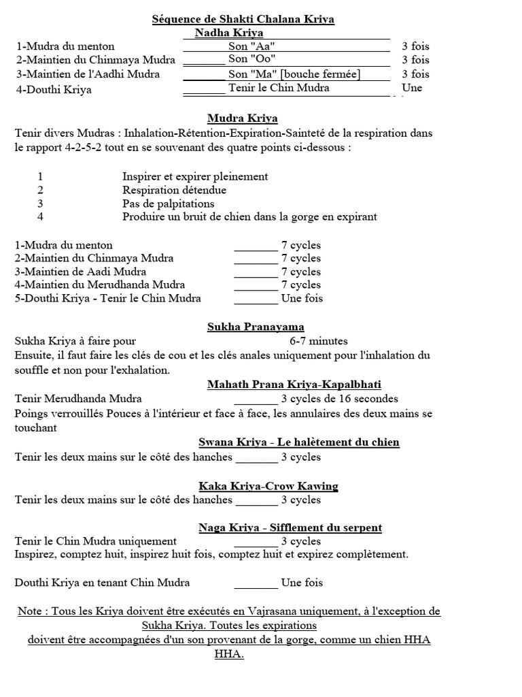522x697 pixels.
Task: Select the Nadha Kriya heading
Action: pos(229,33)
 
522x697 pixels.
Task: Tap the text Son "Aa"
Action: pos(252,46)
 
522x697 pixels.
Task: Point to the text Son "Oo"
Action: pos(252,60)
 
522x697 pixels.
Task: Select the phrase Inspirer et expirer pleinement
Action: pos(194,176)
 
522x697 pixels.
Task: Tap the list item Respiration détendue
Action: pos(174,190)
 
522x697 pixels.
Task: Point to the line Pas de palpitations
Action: pos(168,204)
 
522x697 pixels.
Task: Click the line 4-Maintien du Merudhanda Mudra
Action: pos(100,285)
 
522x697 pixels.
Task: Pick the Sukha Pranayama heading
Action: pos(256,327)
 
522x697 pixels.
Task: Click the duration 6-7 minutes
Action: pos(319,341)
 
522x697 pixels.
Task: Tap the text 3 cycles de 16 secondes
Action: pos(339,399)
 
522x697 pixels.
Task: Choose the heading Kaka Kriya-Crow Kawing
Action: pos(268,486)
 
